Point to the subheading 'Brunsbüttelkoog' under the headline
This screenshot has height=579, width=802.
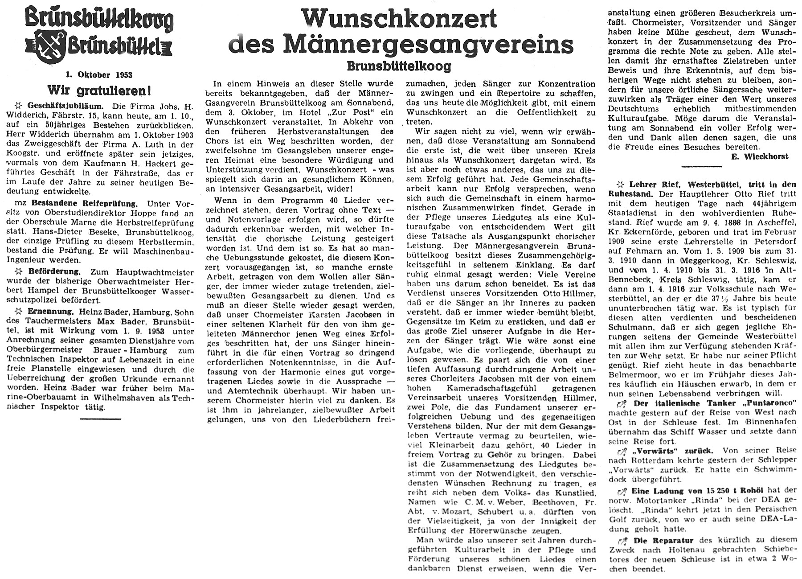click(x=399, y=66)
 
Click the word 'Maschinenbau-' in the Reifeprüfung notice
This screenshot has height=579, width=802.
click(x=168, y=251)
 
